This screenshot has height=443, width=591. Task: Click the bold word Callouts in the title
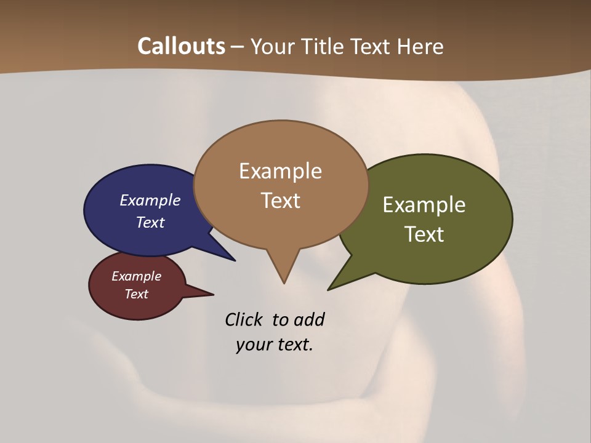click(181, 46)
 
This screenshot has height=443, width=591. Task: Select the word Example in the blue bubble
click(150, 200)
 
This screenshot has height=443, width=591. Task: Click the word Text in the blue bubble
click(150, 222)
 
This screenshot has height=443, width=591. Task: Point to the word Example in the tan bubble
click(280, 171)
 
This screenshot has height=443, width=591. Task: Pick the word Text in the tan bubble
click(281, 201)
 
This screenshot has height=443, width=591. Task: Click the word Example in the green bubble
click(424, 205)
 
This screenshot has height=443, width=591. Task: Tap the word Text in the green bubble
click(425, 234)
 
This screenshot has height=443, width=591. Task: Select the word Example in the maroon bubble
click(136, 276)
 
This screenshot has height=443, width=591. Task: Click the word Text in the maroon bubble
click(136, 294)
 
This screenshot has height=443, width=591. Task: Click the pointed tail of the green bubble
click(331, 288)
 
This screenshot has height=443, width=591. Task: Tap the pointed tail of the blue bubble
click(232, 259)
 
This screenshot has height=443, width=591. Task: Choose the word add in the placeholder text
click(309, 319)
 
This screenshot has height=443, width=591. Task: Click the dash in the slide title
click(238, 47)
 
